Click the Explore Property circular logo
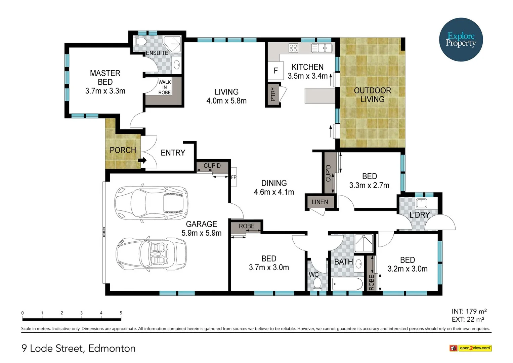(461, 40)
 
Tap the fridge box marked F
(276, 71)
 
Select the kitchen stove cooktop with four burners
(293, 48)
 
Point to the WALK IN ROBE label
(165, 87)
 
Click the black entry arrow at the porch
(143, 160)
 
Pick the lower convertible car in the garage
(151, 254)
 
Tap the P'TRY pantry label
(273, 94)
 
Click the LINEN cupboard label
(319, 202)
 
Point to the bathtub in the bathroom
(347, 284)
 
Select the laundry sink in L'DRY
(421, 203)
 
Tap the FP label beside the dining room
(234, 177)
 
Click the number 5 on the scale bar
(121, 313)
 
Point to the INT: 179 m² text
(469, 311)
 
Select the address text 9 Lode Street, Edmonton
(79, 348)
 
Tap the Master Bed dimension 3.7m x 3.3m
(105, 91)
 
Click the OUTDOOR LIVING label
(372, 95)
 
